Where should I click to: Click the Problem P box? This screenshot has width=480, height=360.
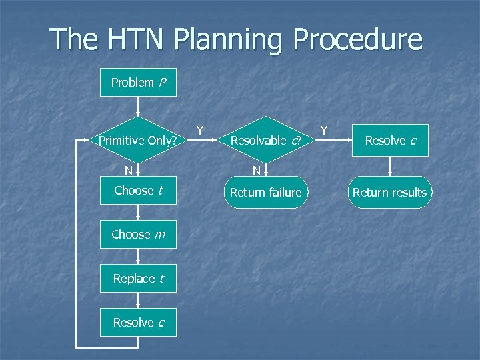138,83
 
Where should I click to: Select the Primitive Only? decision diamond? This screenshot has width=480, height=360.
138,141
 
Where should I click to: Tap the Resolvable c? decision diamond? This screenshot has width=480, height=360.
265,141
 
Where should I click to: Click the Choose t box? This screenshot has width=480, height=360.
138,191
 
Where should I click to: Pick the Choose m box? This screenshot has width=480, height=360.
138,235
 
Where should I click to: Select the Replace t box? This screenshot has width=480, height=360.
138,279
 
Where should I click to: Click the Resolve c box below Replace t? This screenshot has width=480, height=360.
138,323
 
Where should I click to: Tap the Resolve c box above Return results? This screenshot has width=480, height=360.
389,141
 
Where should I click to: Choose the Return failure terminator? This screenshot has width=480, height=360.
265,193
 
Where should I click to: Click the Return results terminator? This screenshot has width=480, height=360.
389,193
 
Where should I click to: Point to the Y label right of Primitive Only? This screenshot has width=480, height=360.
199,129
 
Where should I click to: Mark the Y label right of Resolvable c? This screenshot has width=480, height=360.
324,129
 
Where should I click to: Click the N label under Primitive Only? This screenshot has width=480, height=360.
128,171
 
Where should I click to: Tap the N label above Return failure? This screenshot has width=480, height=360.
256,171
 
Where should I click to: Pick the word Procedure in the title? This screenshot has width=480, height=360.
361,39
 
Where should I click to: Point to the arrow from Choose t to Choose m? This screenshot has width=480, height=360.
138,213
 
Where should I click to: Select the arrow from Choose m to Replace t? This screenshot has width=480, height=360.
138,257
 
